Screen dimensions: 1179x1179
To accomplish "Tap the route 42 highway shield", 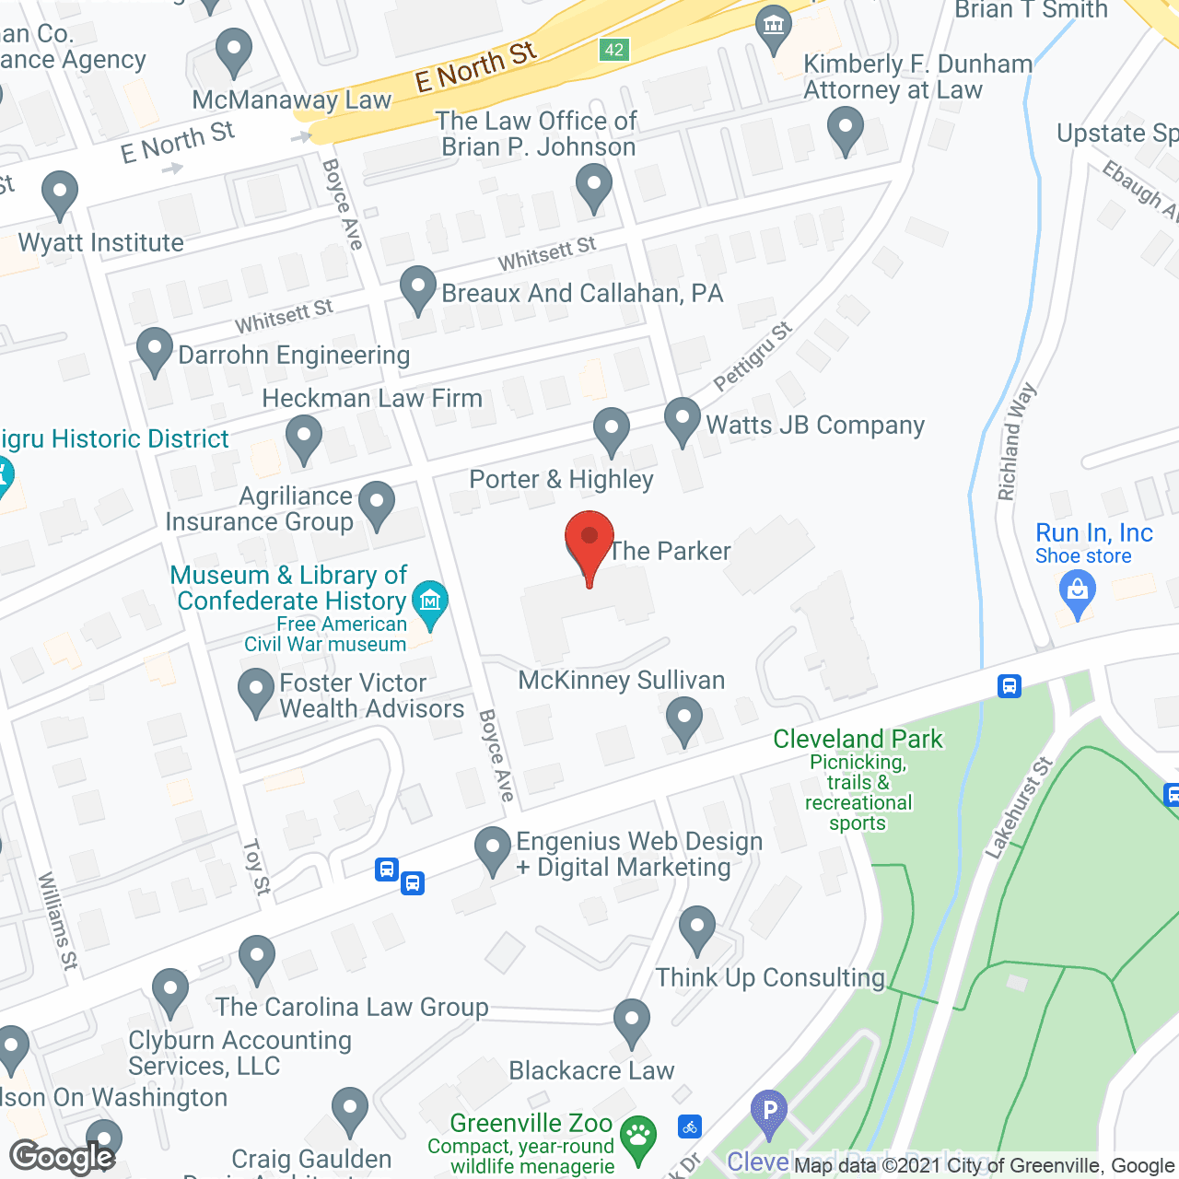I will click(x=614, y=50).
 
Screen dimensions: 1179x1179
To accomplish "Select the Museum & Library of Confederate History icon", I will click(x=429, y=602).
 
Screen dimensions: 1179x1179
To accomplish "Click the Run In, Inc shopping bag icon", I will click(x=1077, y=589).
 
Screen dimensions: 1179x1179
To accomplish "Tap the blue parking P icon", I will click(x=769, y=1111).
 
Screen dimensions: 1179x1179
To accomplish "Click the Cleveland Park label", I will click(x=858, y=739).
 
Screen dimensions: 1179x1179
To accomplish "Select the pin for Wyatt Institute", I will click(x=60, y=194).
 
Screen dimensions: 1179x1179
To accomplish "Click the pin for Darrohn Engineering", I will click(x=155, y=351).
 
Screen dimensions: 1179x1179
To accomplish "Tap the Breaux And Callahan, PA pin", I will click(x=418, y=289).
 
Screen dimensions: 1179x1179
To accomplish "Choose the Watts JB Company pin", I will click(x=683, y=420).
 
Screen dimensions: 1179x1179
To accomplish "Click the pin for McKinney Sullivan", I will click(x=683, y=719).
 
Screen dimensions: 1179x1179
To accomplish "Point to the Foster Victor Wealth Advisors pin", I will click(x=256, y=692).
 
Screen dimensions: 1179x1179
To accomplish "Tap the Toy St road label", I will click(x=256, y=867).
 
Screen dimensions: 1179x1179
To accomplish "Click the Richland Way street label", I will click(x=1016, y=442).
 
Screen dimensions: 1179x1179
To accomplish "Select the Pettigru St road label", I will click(x=753, y=356).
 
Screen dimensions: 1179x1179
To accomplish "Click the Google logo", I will click(x=63, y=1157).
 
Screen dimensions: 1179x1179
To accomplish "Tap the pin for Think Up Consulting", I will click(x=697, y=929).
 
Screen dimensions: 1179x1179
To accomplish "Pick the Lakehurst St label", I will click(x=1018, y=809).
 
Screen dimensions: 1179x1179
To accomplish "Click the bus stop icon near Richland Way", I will click(x=1010, y=686).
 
